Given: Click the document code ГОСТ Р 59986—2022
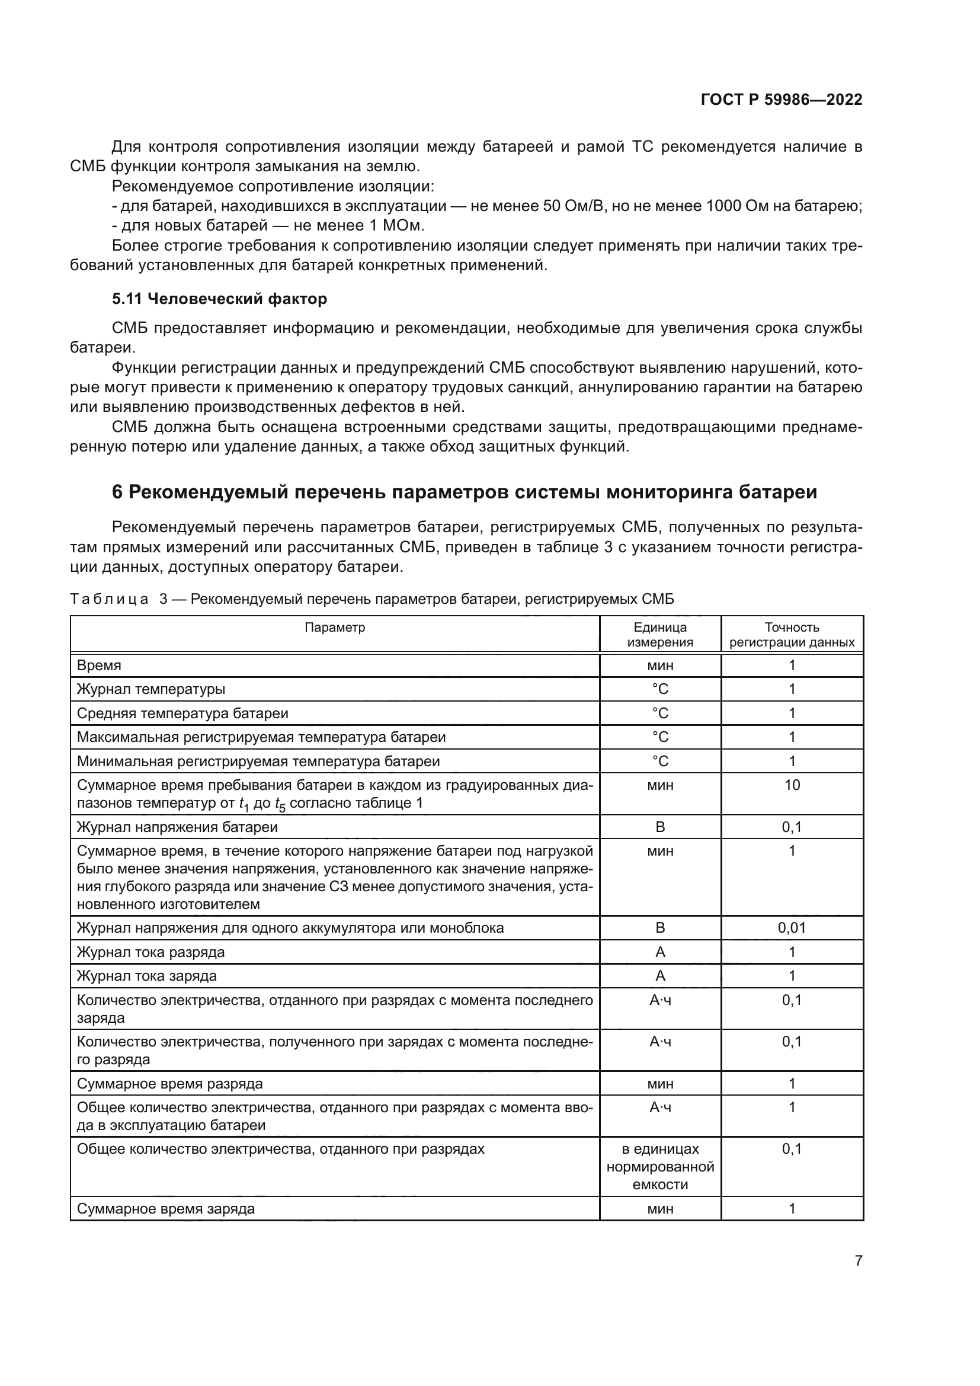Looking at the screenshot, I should [x=781, y=100].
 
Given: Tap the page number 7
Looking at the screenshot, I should [x=858, y=1260].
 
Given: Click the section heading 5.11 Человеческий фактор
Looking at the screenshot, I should [x=220, y=299].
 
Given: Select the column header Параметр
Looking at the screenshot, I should [x=335, y=627].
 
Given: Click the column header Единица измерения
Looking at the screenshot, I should [x=659, y=635].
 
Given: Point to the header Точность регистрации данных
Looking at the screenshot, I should [x=792, y=635].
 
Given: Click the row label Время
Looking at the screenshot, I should [x=99, y=665].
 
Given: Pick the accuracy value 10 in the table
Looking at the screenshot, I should [x=792, y=785].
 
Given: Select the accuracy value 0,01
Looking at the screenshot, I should [x=792, y=928].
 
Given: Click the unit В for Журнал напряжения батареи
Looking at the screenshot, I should [x=659, y=827].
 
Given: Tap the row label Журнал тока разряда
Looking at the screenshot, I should [x=150, y=952].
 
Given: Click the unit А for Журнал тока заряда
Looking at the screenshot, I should [x=659, y=975].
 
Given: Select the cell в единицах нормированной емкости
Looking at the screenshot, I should [x=659, y=1166].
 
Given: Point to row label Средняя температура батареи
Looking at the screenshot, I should [x=182, y=713].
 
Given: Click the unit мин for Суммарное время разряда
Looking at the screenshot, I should [x=659, y=1084].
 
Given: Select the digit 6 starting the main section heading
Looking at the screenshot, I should [x=117, y=492].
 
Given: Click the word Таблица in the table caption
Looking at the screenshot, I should [x=109, y=600].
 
